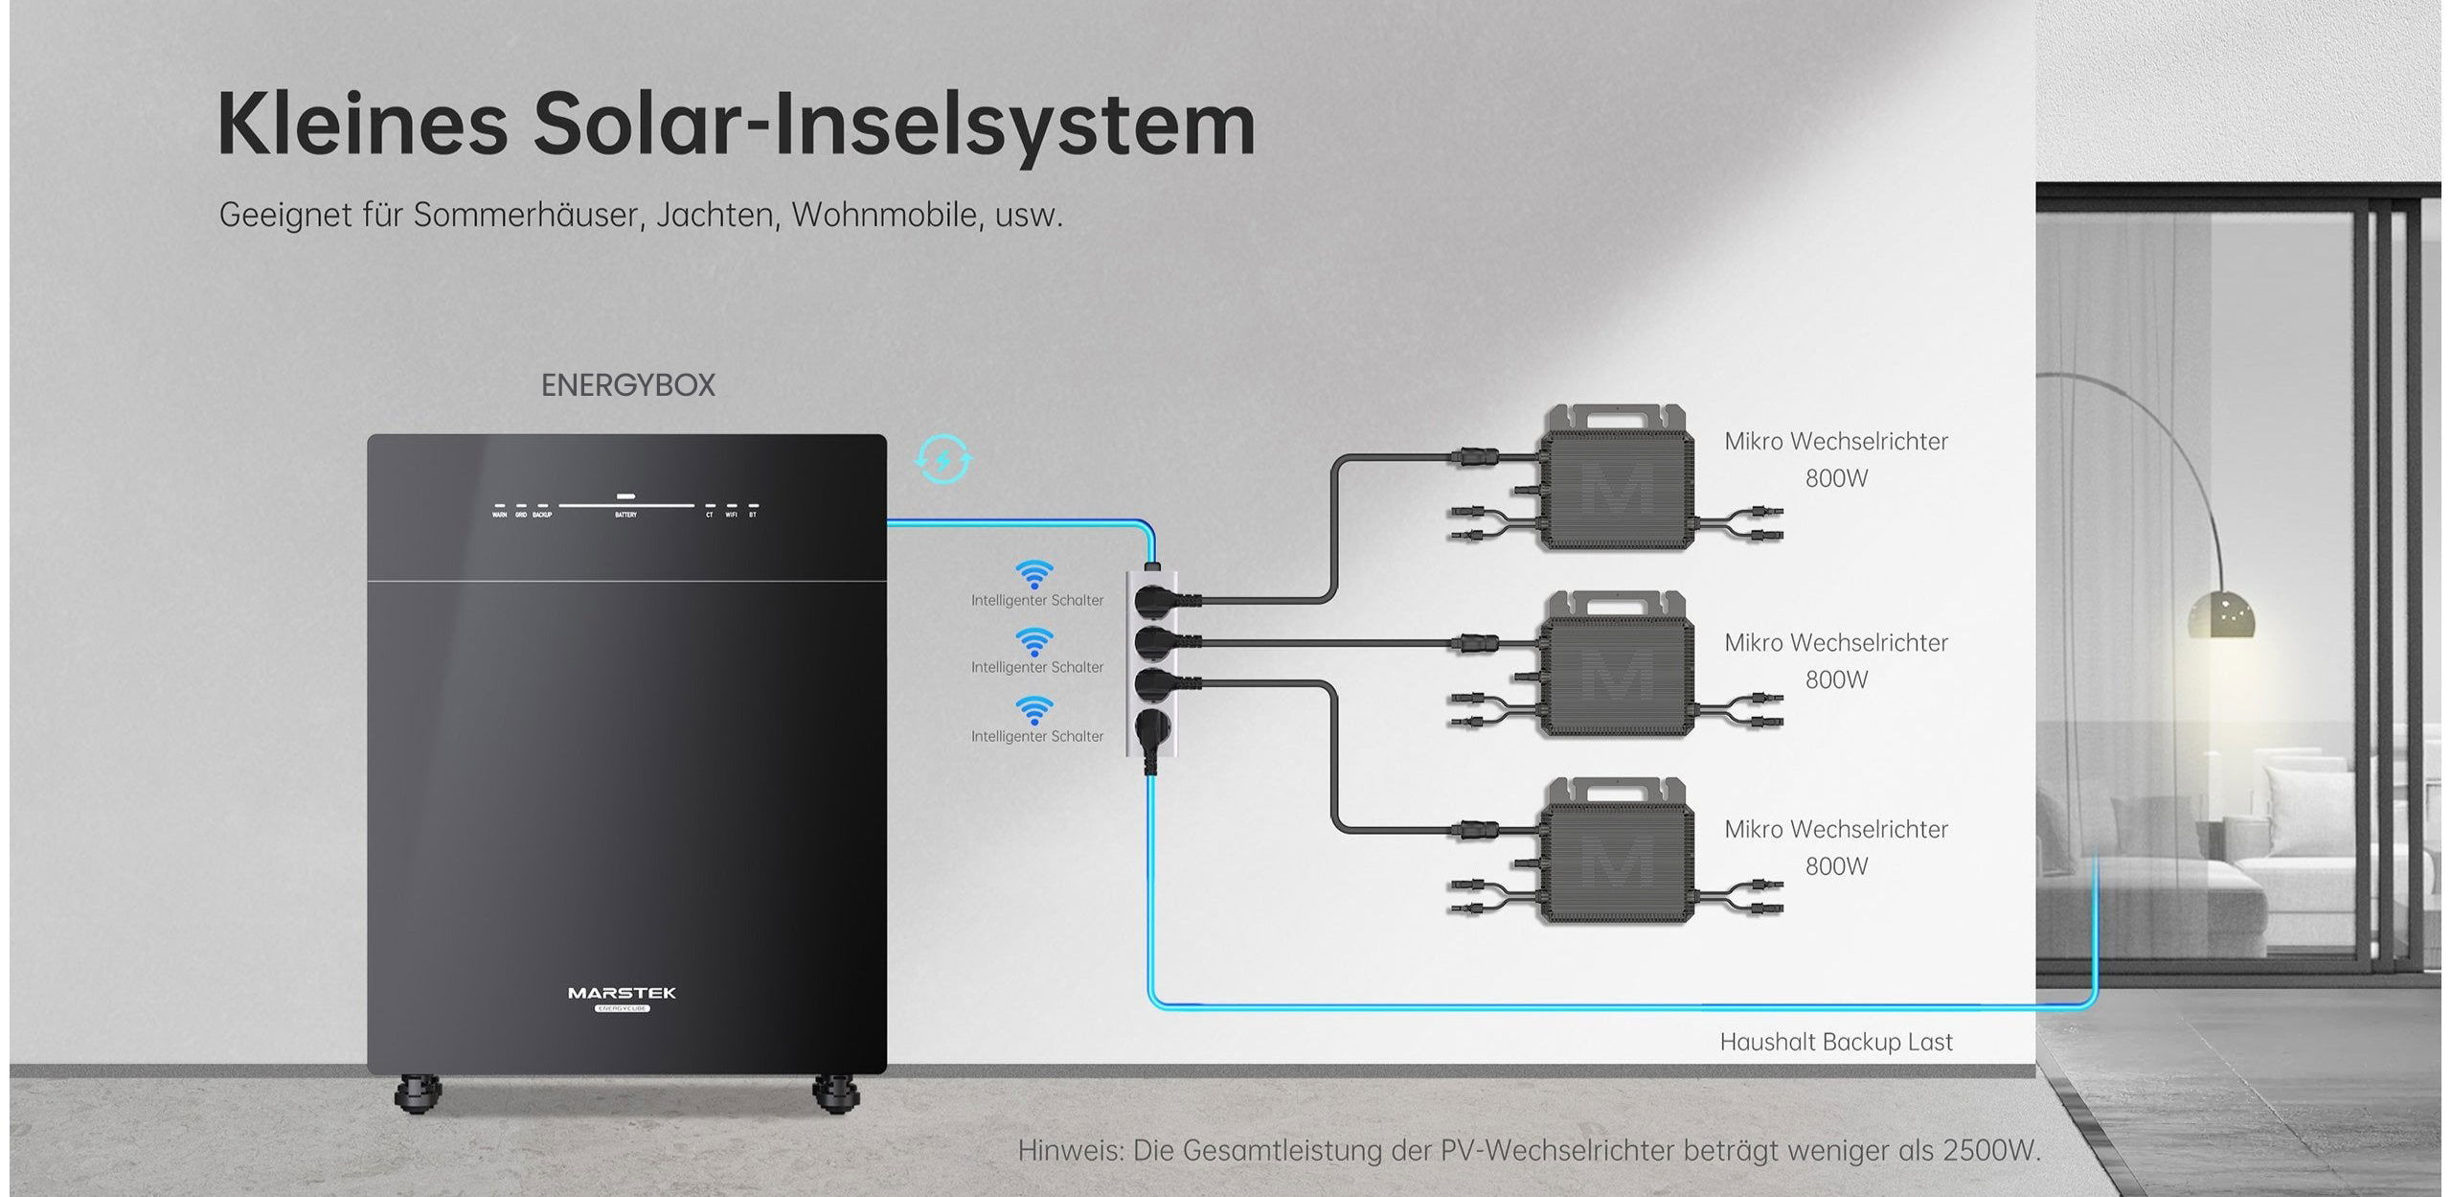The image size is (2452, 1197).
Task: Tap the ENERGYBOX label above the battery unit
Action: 627,385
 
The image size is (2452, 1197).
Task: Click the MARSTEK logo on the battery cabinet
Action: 622,993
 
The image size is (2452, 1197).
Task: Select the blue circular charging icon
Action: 943,460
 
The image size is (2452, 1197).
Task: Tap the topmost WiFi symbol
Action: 1033,575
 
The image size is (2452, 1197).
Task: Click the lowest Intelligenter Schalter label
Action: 1037,736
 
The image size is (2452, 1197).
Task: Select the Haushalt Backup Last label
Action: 1835,1042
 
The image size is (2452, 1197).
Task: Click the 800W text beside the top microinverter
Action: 1836,478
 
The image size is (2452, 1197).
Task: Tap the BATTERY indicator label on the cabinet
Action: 625,516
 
